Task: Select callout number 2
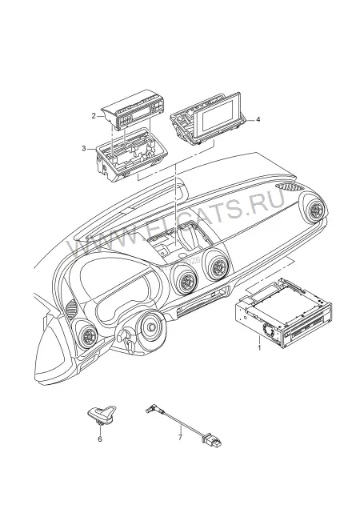(94, 115)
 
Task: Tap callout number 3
(84, 148)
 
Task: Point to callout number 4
(258, 119)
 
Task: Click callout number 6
(100, 439)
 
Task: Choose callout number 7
(180, 437)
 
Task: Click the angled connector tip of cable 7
(150, 408)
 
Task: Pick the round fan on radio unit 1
(269, 331)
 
